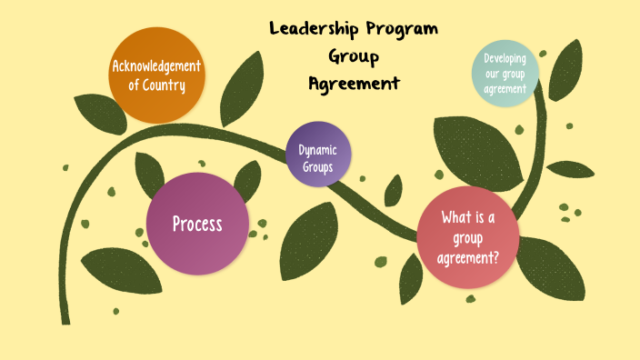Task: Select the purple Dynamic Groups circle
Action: pyautogui.click(x=318, y=154)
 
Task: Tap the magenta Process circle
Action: pyautogui.click(x=197, y=224)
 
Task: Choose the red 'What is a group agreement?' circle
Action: pyautogui.click(x=467, y=237)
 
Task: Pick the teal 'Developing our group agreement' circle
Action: pyautogui.click(x=505, y=73)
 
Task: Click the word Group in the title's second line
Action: pyautogui.click(x=354, y=56)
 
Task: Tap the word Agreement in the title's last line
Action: pyautogui.click(x=354, y=83)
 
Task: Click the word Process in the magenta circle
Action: pyautogui.click(x=197, y=224)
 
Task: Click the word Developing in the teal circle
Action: pyautogui.click(x=505, y=59)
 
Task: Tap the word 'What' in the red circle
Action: pyautogui.click(x=455, y=217)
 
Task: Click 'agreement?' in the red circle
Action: pyautogui.click(x=468, y=256)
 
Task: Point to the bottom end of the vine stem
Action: pyautogui.click(x=65, y=320)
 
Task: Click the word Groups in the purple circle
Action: pyautogui.click(x=318, y=167)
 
